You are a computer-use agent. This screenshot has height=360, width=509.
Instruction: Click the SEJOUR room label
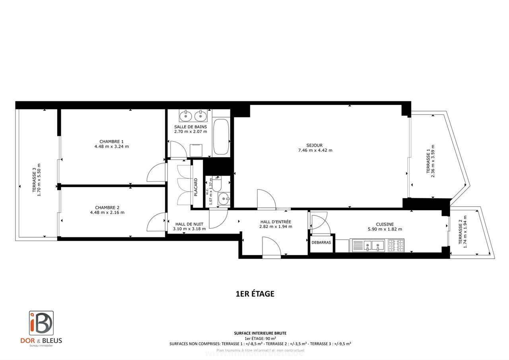315,145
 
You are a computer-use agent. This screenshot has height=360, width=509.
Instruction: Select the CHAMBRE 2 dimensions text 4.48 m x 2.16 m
107,213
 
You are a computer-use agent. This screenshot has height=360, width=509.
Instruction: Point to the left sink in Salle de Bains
186,116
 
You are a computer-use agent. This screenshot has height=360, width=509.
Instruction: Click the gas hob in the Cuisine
395,246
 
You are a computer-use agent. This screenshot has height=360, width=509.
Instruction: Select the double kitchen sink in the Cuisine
367,246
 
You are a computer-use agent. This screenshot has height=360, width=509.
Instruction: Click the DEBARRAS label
321,242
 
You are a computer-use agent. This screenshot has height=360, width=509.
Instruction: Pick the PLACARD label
196,187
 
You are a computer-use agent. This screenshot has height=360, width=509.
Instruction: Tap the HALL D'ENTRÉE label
276,222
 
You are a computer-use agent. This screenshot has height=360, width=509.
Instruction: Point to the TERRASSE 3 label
34,181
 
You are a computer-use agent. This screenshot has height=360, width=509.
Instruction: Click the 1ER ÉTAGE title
255,294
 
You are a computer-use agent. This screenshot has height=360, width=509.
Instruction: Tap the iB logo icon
41,323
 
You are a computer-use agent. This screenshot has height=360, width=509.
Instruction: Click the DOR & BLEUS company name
41,341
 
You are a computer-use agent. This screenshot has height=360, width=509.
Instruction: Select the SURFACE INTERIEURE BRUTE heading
260,333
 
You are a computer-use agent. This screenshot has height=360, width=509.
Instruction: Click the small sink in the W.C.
224,197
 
